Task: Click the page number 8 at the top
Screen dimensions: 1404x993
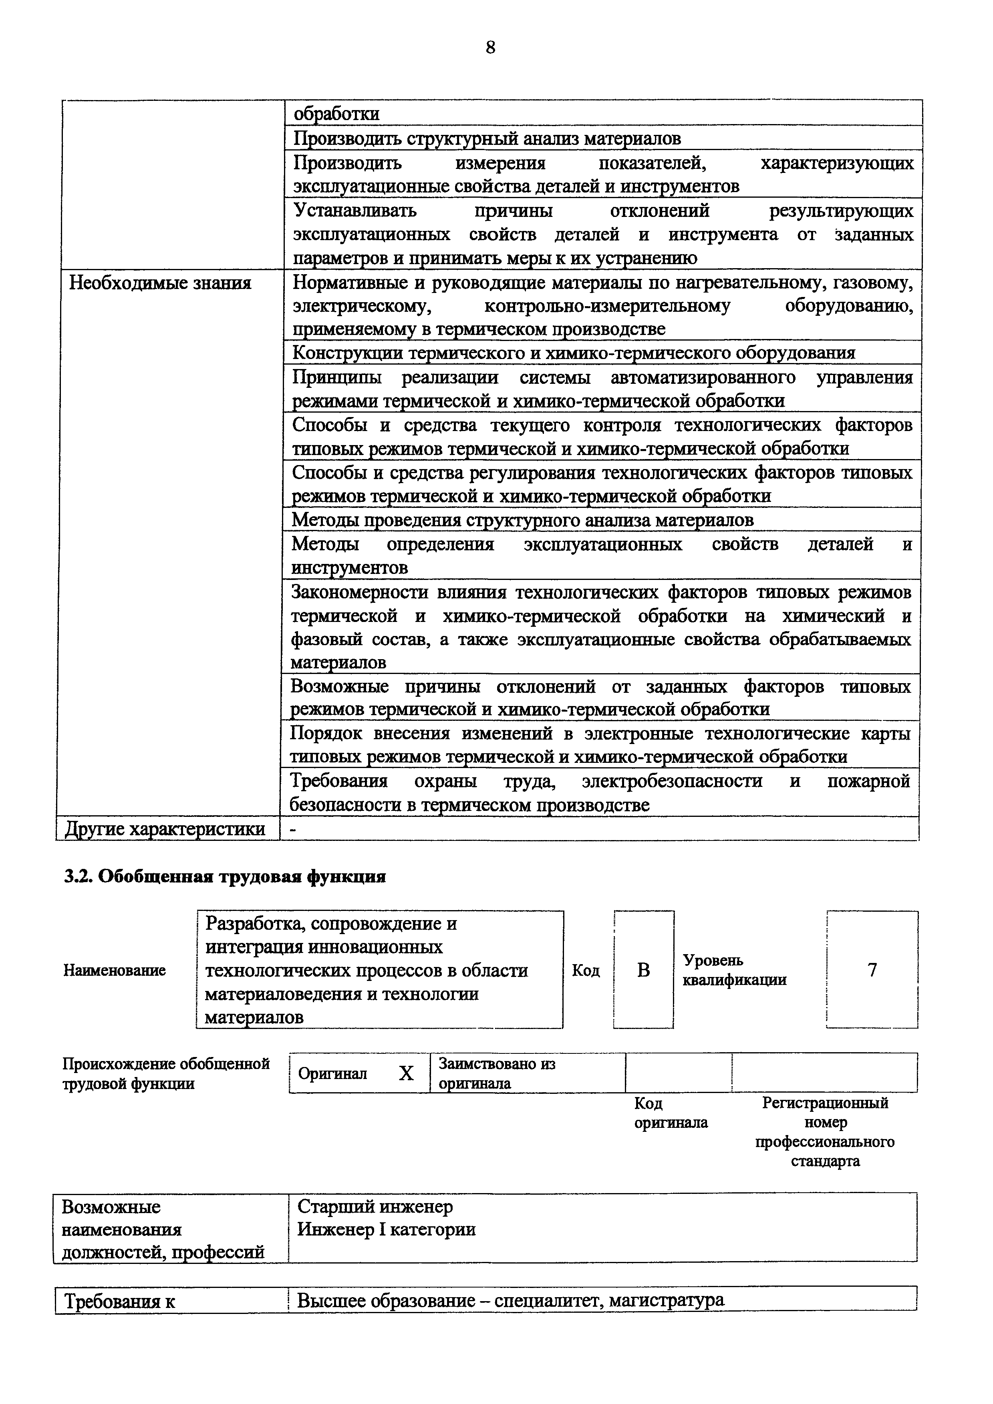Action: (490, 48)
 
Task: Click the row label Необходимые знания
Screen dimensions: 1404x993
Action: (160, 283)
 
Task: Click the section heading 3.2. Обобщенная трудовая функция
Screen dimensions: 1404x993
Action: (225, 877)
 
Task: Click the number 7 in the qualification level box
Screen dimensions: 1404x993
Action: (872, 970)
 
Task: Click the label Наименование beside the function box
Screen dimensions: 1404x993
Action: (115, 971)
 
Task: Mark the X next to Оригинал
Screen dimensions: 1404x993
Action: (406, 1073)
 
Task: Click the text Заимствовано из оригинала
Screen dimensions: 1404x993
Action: (496, 1073)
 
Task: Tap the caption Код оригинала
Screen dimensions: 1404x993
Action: (670, 1113)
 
